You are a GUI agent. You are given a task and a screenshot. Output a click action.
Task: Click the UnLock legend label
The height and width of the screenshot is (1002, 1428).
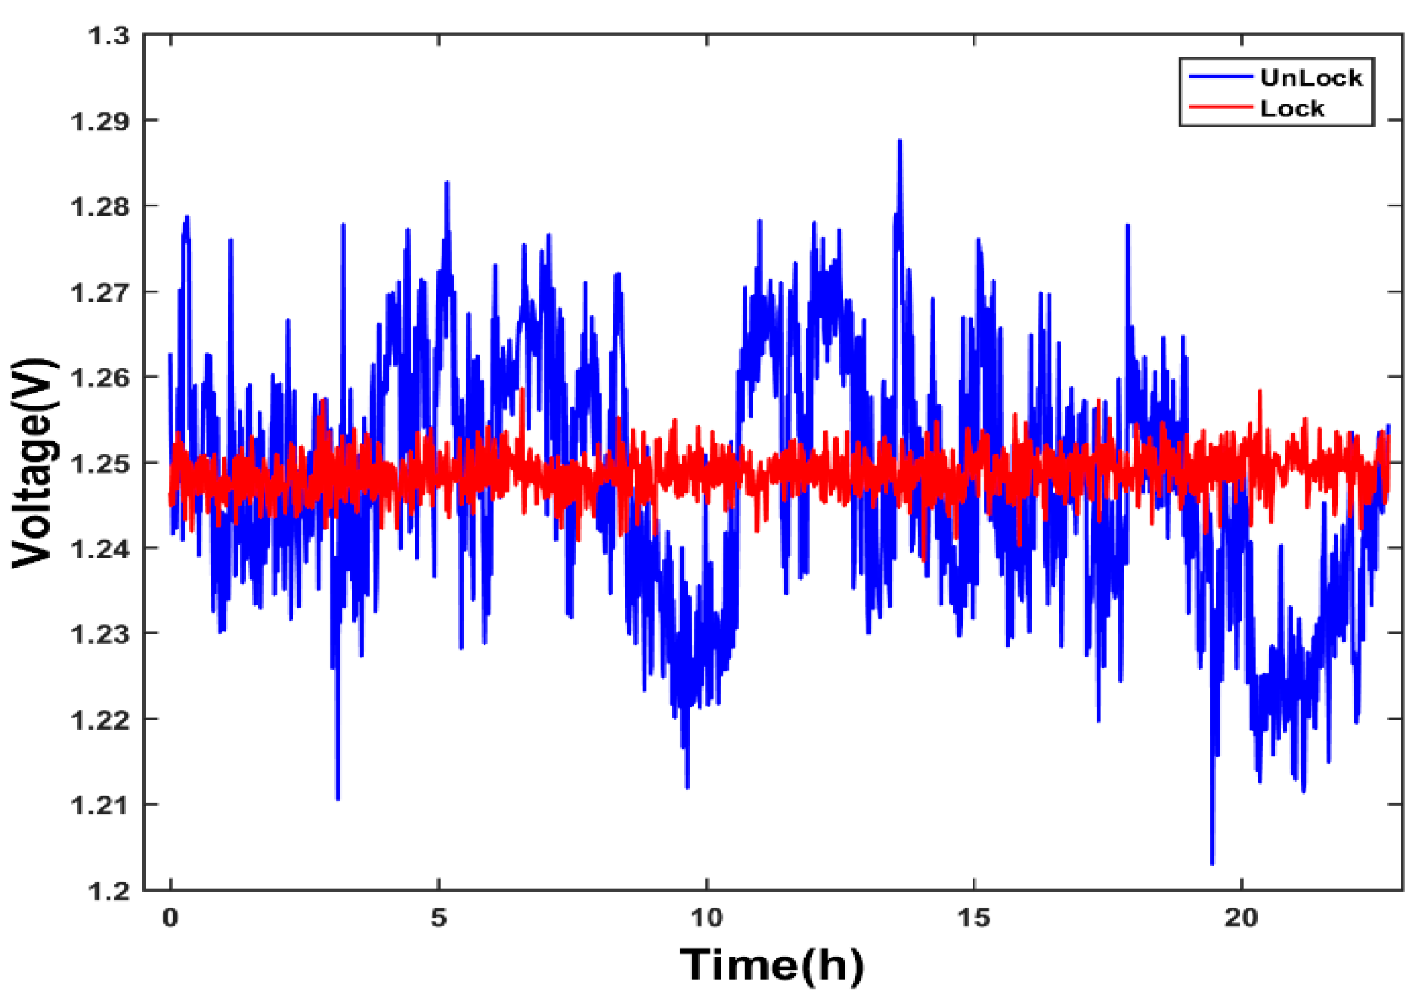click(x=1311, y=78)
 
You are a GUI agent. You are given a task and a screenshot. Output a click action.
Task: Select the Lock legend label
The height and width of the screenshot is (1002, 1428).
click(x=1292, y=109)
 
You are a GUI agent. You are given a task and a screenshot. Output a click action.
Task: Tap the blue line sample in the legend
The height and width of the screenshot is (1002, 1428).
click(x=1220, y=77)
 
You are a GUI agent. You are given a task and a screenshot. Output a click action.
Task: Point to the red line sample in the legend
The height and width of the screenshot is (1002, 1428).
click(x=1220, y=107)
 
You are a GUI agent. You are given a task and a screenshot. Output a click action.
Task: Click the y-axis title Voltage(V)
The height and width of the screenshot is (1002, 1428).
click(x=34, y=463)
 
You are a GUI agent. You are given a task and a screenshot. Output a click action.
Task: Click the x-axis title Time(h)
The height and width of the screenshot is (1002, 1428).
click(x=772, y=965)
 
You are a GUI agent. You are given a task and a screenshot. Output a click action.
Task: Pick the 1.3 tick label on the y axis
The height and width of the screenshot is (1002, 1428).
click(x=109, y=37)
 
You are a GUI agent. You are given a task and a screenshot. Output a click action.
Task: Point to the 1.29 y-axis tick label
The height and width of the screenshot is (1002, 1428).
click(x=101, y=121)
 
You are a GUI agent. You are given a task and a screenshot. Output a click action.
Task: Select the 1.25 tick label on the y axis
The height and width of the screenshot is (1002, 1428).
click(x=101, y=464)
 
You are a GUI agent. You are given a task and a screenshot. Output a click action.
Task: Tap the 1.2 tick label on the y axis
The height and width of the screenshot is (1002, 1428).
click(x=109, y=891)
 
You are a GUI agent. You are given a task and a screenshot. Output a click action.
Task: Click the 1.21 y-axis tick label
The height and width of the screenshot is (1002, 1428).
click(x=101, y=806)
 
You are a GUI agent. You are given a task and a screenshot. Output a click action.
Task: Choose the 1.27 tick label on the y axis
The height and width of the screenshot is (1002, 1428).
click(x=101, y=292)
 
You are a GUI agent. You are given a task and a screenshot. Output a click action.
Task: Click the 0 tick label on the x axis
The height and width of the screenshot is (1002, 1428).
click(x=170, y=918)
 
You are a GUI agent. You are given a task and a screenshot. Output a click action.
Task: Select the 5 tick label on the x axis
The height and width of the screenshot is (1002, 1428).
click(x=438, y=918)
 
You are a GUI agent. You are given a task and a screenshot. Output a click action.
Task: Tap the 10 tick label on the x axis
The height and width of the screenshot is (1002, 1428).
click(x=707, y=918)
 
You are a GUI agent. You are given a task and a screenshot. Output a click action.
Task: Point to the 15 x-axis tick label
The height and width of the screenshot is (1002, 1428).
click(x=973, y=918)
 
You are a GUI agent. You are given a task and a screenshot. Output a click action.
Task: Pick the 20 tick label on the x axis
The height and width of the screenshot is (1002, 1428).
click(x=1242, y=918)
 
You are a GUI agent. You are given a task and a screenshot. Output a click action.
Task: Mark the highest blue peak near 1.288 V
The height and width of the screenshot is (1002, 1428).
click(x=900, y=141)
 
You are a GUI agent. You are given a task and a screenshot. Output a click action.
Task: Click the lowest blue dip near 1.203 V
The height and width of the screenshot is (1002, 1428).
click(x=1212, y=863)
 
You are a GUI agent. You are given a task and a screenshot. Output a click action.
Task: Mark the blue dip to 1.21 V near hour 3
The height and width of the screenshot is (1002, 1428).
click(x=338, y=798)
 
